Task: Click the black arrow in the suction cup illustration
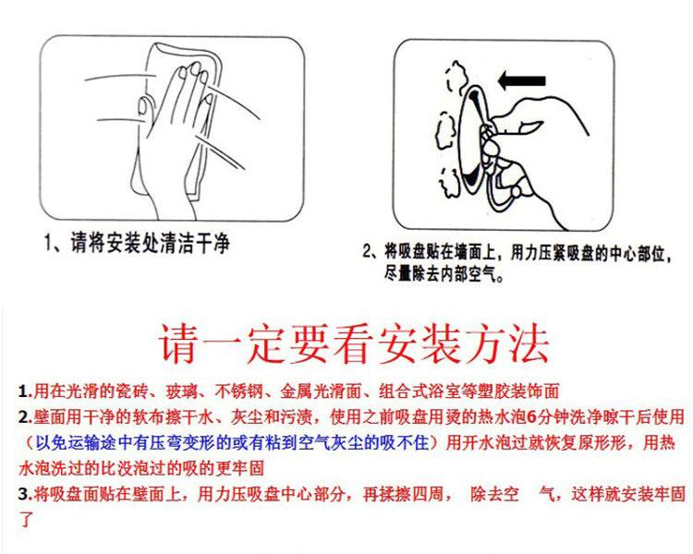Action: click(x=521, y=81)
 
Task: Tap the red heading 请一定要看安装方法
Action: click(x=354, y=343)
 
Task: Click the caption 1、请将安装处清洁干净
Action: click(x=137, y=243)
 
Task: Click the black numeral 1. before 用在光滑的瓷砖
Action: click(x=25, y=391)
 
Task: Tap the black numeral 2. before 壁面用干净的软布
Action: click(x=25, y=416)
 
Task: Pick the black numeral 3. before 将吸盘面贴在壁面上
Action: click(x=25, y=494)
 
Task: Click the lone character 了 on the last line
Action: click(x=26, y=519)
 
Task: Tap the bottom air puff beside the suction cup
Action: click(x=450, y=182)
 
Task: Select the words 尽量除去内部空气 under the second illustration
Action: click(x=444, y=274)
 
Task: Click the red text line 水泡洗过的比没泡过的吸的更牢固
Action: click(x=141, y=468)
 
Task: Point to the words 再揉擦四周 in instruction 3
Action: click(x=403, y=494)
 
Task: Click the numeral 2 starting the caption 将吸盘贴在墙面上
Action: click(x=367, y=253)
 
